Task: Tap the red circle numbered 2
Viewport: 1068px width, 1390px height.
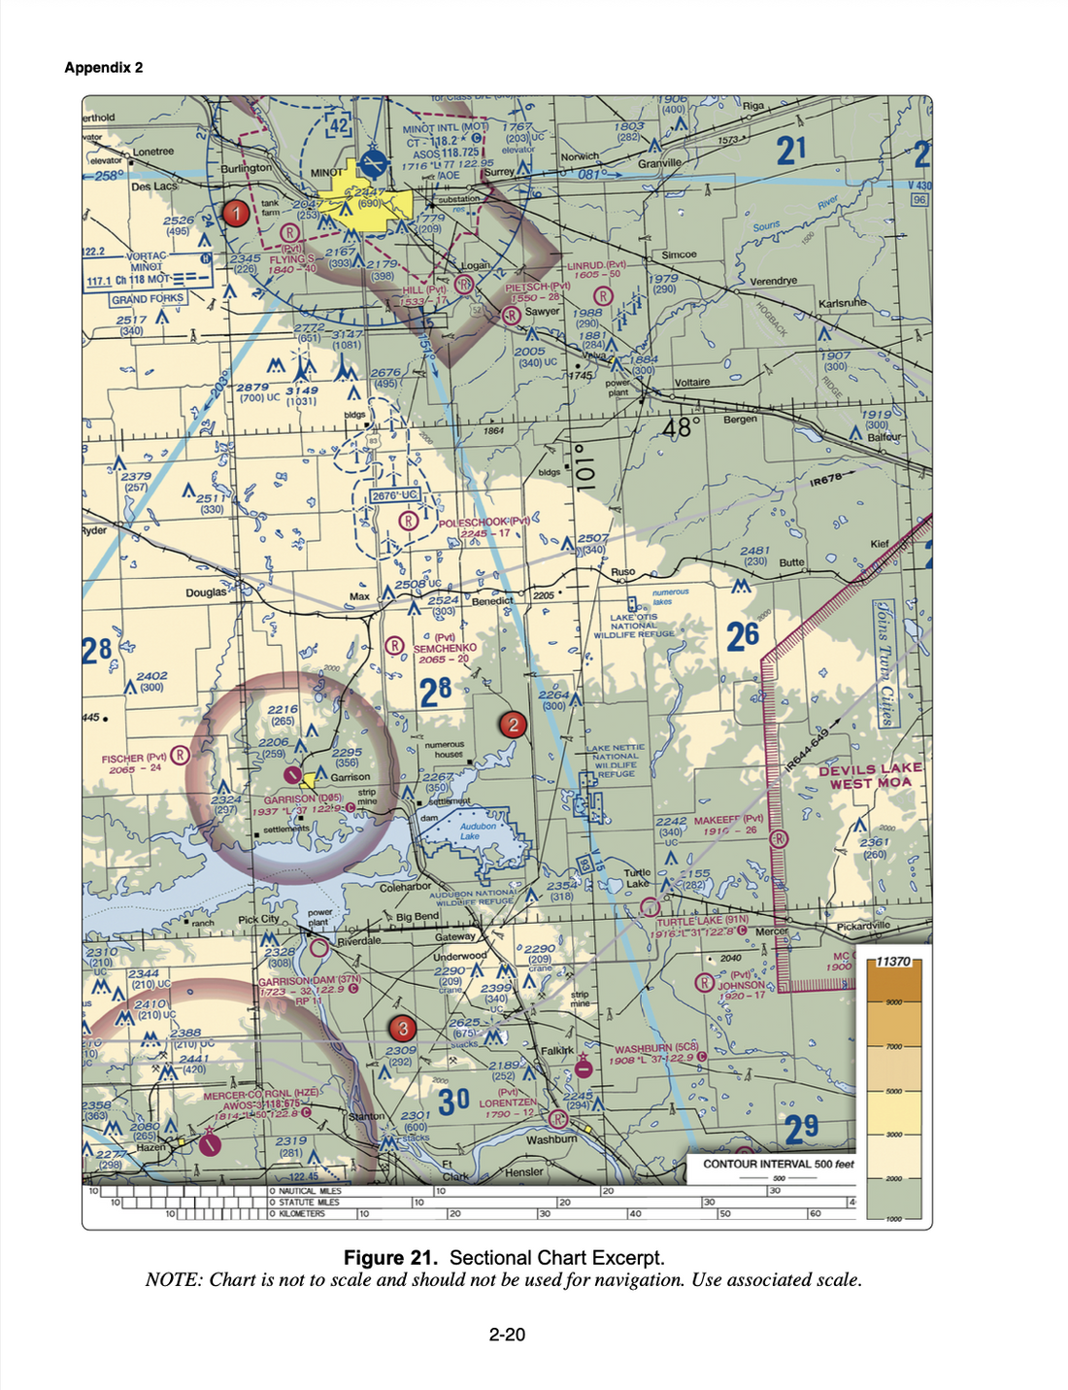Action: [512, 724]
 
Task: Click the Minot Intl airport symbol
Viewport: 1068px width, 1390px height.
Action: [372, 163]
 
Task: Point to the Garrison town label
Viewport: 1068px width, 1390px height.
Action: [350, 777]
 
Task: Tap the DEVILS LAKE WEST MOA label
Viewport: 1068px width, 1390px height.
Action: [870, 776]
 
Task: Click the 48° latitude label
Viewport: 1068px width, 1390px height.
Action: [682, 426]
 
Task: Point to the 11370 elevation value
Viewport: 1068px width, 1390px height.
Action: [892, 961]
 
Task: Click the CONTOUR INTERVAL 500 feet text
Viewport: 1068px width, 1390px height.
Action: [779, 1164]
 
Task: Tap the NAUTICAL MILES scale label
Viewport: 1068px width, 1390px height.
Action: [310, 1191]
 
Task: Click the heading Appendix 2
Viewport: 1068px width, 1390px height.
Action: [104, 67]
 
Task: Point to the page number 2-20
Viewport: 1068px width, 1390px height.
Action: [507, 1335]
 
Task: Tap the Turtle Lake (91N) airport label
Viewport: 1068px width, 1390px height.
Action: [702, 921]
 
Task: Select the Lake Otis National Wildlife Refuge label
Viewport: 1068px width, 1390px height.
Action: [634, 626]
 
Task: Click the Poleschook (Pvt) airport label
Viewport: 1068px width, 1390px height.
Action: [484, 522]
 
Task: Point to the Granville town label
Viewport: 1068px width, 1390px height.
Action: [659, 163]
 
